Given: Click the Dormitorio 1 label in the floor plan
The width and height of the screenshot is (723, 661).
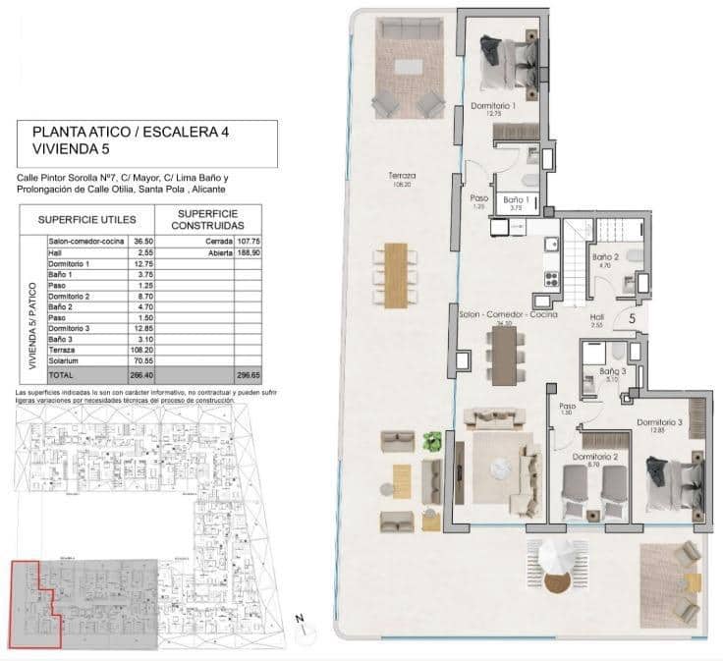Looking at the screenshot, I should click(493, 105).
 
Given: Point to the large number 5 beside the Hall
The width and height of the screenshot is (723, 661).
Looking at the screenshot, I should click(632, 317).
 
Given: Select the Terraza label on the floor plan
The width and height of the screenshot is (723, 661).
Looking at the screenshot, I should click(401, 177).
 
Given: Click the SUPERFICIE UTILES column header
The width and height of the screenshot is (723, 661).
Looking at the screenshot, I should click(93, 220).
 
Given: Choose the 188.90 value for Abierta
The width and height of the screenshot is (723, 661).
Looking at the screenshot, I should click(249, 252).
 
